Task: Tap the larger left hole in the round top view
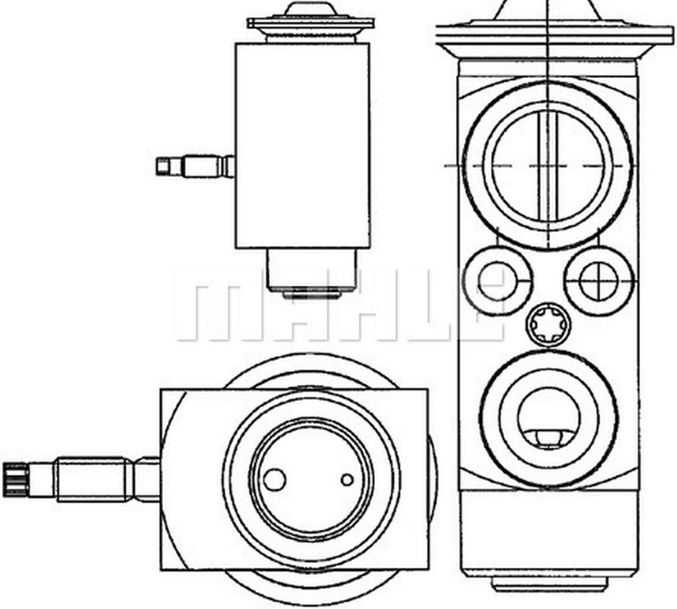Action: click(x=275, y=479)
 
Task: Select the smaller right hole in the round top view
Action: click(x=347, y=479)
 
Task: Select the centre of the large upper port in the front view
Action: click(x=548, y=165)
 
